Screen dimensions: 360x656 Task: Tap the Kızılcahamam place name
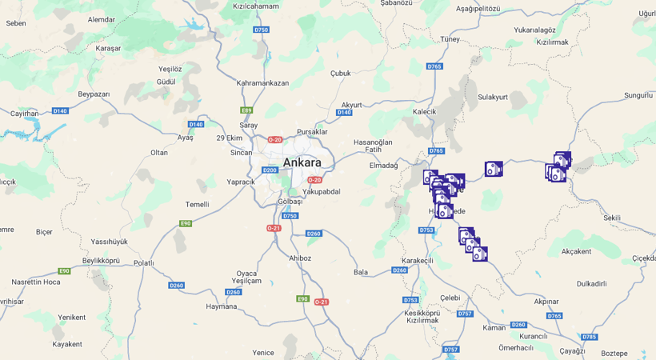click(255, 6)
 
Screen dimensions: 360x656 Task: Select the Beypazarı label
click(94, 94)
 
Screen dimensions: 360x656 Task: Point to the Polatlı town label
click(143, 262)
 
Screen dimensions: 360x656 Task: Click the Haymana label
click(222, 306)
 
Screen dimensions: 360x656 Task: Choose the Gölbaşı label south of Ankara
click(290, 201)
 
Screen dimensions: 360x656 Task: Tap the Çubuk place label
click(341, 73)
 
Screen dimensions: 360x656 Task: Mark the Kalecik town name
click(424, 111)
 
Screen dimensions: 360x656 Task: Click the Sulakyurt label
click(493, 97)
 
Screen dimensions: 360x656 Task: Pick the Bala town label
click(361, 272)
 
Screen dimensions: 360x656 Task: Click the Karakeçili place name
click(417, 261)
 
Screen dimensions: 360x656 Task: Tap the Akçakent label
click(576, 251)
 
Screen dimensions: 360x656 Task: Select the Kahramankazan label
click(262, 82)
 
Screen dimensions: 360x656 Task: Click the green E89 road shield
click(246, 110)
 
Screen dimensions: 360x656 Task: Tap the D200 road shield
click(270, 170)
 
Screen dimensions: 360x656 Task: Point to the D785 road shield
click(589, 337)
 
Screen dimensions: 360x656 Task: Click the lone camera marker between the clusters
click(494, 169)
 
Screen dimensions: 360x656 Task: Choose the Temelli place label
click(197, 204)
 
